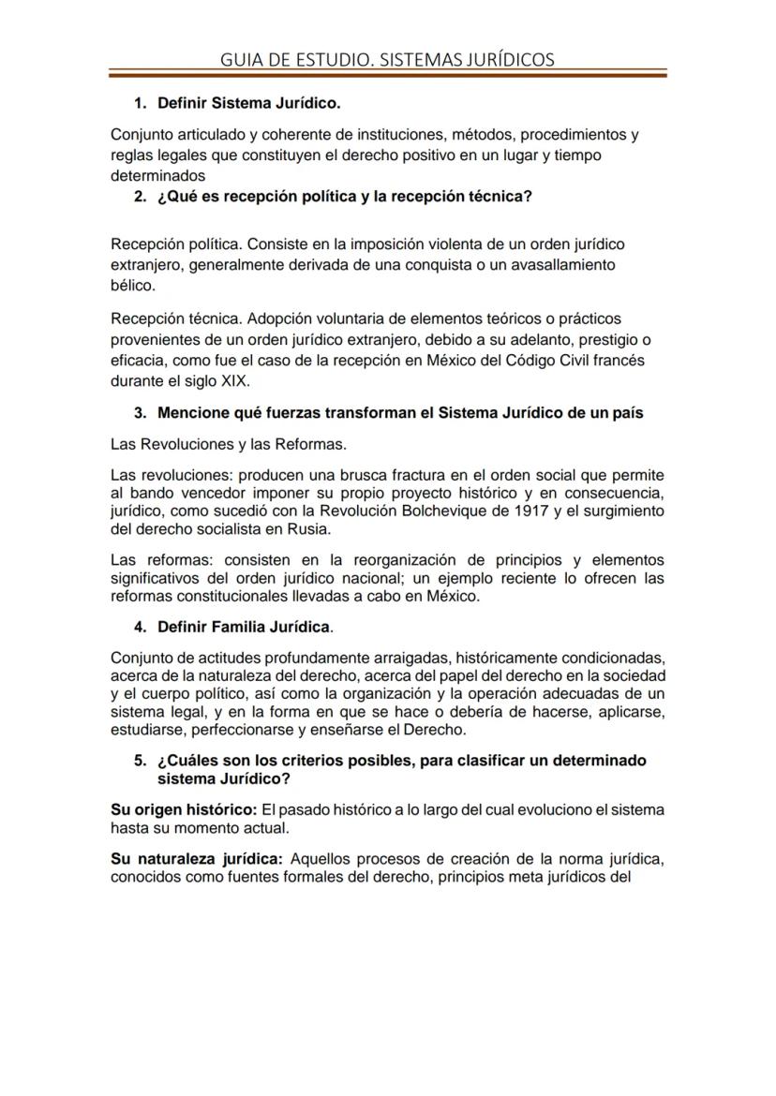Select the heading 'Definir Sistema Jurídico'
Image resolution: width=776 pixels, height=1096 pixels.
[x=248, y=102]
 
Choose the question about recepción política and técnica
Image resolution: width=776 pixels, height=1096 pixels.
[x=344, y=197]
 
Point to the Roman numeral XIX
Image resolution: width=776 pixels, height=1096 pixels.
[x=235, y=380]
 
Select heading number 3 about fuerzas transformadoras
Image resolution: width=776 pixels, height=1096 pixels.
[x=399, y=413]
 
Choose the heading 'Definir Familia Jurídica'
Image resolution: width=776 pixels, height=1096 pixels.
[x=244, y=626]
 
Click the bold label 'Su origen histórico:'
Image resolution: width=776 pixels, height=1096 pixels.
[x=184, y=809]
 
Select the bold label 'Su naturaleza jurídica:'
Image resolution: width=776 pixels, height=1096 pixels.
[x=197, y=858]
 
